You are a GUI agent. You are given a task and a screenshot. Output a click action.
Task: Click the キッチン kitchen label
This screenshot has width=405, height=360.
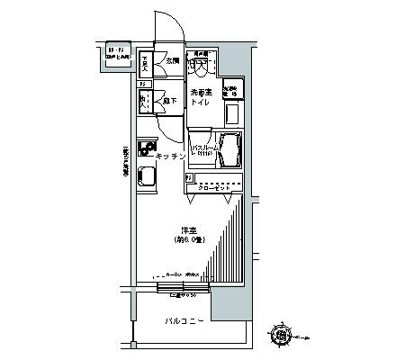(171, 157)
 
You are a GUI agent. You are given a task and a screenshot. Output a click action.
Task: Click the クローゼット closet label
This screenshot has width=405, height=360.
(215, 186)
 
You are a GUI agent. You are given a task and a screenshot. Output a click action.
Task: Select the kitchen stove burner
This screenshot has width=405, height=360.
(147, 148)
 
